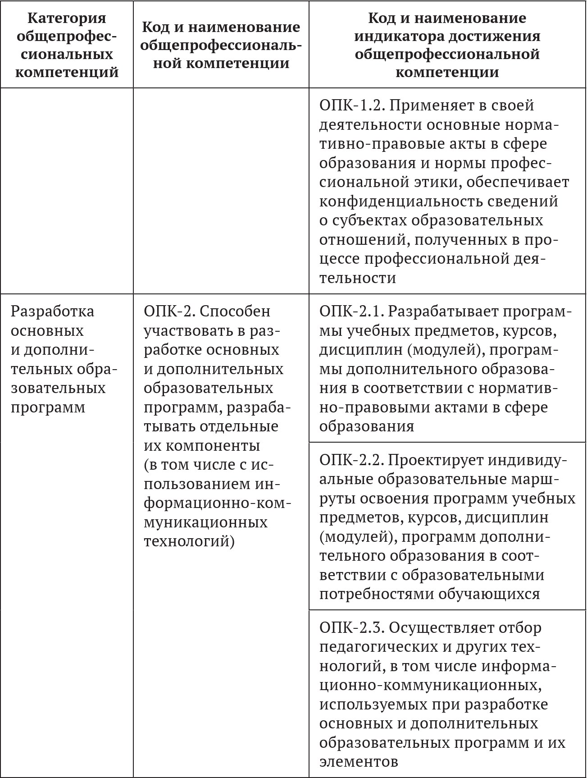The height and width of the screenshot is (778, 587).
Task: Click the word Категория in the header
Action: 67,18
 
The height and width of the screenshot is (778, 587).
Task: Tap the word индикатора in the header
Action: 400,36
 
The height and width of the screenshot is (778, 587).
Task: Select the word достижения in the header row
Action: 496,36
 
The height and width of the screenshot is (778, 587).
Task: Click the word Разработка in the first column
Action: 52,311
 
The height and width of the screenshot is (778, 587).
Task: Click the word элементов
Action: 359,761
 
